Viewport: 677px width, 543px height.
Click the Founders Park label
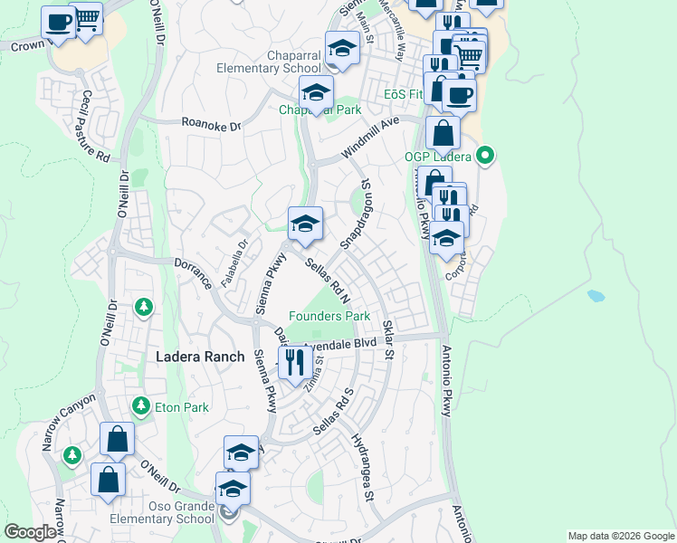329,317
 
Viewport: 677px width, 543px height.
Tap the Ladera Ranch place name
200,357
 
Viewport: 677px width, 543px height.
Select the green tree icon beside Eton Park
140,405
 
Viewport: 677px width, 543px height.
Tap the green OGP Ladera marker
485,156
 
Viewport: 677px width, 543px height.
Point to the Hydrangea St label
363,466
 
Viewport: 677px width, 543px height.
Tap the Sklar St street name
387,338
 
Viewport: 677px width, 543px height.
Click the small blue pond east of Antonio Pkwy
595,296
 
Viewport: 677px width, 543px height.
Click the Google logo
30,533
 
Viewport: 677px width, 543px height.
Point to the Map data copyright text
620,536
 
